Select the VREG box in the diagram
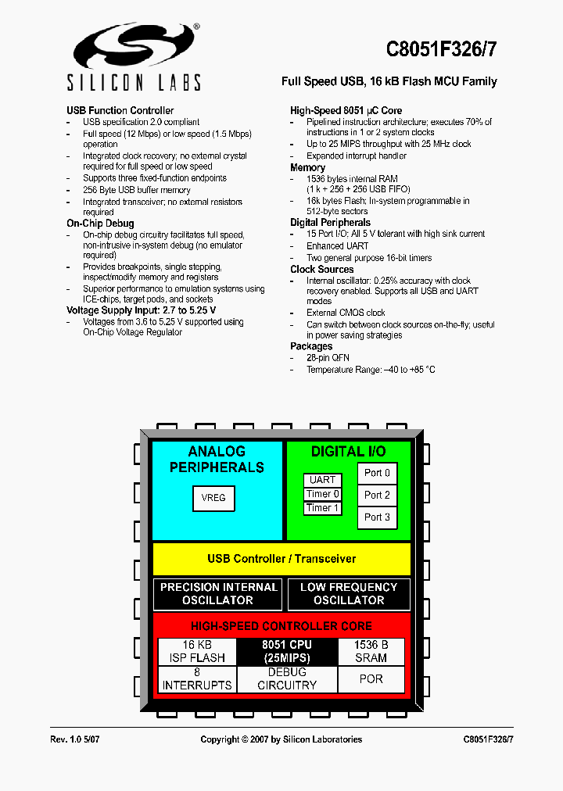213,498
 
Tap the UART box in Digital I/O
322,480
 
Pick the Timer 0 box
322,494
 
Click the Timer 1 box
322,508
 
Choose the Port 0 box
377,473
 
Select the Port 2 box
377,495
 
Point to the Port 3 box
377,517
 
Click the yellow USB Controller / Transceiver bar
281,559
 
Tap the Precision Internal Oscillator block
217,594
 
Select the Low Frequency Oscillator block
349,594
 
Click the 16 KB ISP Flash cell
197,651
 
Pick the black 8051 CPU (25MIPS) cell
286,651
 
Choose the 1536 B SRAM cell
371,651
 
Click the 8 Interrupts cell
197,678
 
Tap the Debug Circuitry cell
286,678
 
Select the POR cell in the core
371,678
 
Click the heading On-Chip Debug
100,224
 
